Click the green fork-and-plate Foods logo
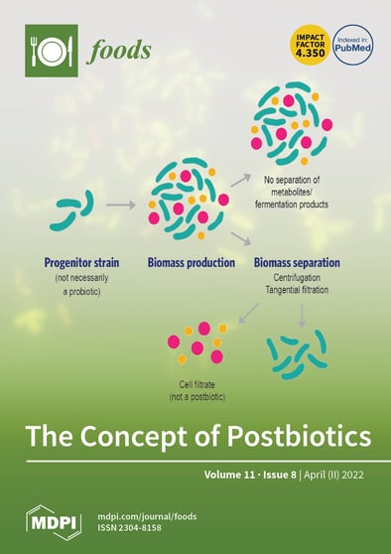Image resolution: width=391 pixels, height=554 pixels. point(52,52)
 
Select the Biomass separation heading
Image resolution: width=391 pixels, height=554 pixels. point(297,262)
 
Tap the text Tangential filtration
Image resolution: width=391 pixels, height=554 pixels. point(297,289)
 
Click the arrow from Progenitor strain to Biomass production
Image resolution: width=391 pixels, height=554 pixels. point(120,205)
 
